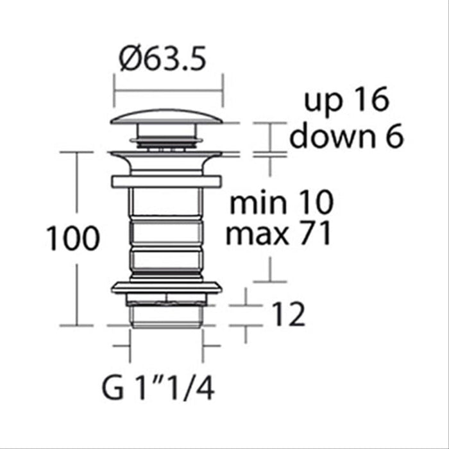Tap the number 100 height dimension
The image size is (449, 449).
tap(72, 239)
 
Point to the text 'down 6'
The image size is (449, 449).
tap(346, 136)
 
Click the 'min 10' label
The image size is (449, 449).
tap(282, 204)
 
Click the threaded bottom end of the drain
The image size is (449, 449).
tap(167, 314)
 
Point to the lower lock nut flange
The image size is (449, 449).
tap(167, 287)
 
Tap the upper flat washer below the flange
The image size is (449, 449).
tap(167, 181)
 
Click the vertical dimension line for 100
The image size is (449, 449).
tap(77, 192)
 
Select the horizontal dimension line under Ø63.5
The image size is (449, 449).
tap(168, 90)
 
